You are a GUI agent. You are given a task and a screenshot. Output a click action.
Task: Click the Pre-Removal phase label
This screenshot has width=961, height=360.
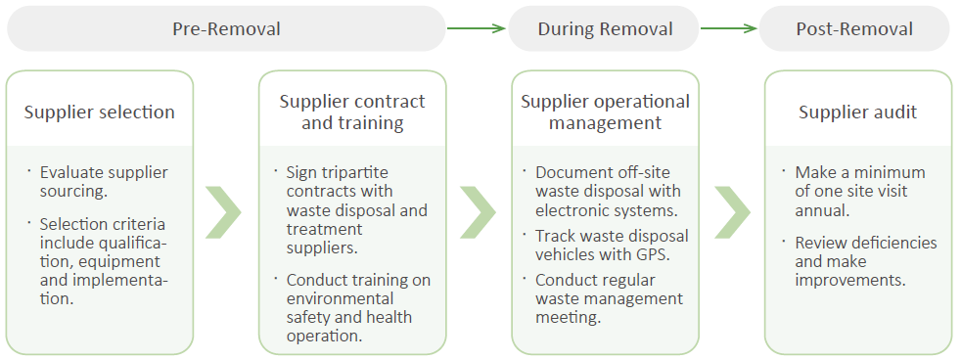click(x=226, y=28)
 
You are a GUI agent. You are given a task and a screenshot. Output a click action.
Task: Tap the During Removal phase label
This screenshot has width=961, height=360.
click(x=605, y=28)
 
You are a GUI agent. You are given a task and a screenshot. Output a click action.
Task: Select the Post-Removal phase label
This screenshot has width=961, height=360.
click(x=854, y=28)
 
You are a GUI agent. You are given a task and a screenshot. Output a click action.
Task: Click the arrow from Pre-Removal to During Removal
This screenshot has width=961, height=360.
click(x=477, y=28)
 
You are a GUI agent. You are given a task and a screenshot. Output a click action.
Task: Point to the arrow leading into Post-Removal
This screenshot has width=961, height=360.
click(x=729, y=28)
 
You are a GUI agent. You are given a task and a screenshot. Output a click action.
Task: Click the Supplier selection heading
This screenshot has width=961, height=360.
click(x=99, y=112)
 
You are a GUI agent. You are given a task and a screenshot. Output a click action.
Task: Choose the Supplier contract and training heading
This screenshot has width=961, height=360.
click(x=352, y=112)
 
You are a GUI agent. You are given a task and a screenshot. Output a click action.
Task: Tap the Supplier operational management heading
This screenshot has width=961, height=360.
click(x=605, y=112)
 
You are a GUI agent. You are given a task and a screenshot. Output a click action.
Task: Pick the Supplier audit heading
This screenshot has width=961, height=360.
click(x=858, y=112)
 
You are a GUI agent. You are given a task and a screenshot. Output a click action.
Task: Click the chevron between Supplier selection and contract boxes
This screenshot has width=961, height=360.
click(x=224, y=212)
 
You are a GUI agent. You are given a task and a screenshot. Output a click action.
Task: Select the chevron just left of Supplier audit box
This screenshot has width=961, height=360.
click(x=732, y=212)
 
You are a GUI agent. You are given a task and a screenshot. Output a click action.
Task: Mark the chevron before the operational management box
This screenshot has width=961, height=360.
click(x=478, y=212)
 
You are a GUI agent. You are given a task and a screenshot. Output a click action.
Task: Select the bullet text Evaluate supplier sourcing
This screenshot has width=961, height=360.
click(x=104, y=182)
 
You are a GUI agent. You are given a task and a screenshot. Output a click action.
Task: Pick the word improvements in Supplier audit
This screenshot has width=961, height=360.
click(x=850, y=281)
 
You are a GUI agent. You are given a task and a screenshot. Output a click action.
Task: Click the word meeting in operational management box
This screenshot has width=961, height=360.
click(x=569, y=318)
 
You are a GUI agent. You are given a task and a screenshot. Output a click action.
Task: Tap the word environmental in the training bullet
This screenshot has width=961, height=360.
click(x=341, y=299)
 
